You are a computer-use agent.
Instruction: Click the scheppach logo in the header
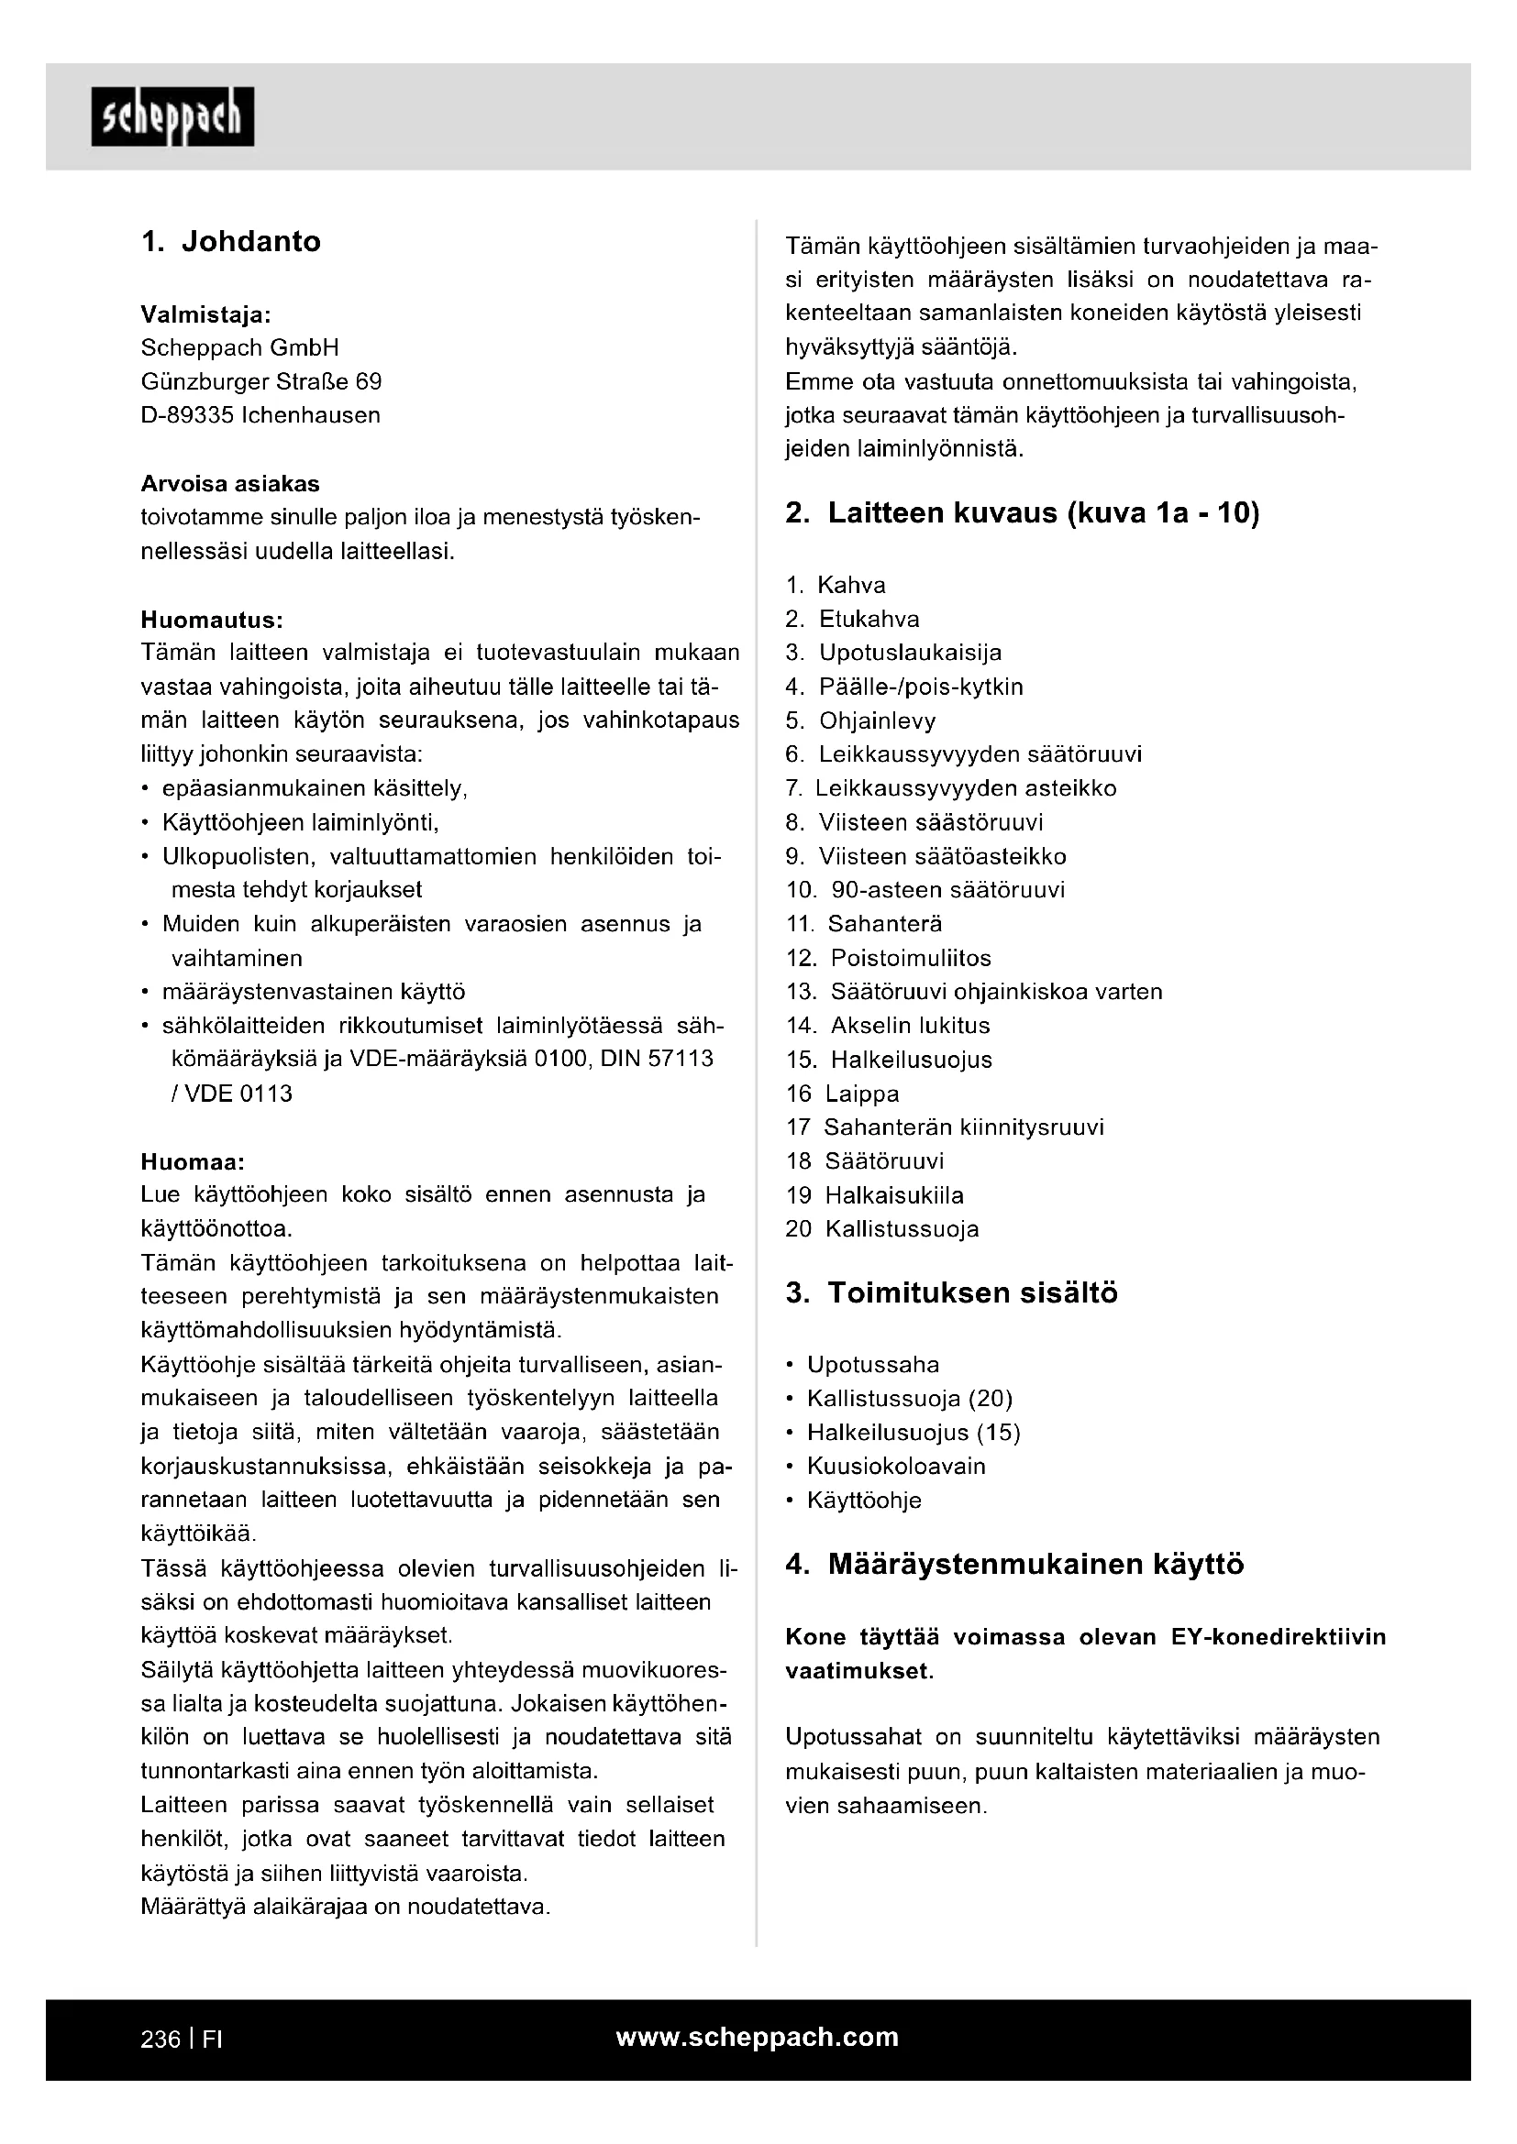[172, 116]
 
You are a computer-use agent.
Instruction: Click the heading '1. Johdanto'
[231, 241]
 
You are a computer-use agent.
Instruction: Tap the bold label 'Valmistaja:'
[205, 313]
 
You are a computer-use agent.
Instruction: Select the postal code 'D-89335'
[187, 414]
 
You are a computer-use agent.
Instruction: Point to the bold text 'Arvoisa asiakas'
[230, 484]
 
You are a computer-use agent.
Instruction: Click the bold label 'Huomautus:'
[211, 619]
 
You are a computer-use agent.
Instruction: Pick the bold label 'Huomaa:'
[193, 1161]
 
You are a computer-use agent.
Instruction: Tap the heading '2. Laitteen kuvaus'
[1022, 512]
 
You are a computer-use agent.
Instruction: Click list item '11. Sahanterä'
[864, 924]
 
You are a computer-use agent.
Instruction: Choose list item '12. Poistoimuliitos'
[889, 958]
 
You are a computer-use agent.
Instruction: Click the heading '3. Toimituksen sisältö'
[951, 1292]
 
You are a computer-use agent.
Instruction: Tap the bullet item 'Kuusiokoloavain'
[896, 1466]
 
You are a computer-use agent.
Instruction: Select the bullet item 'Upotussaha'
[872, 1364]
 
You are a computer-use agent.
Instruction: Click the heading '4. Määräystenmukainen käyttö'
[1014, 1564]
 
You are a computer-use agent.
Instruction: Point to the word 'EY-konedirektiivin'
[1278, 1637]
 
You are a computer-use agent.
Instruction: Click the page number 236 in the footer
[160, 2040]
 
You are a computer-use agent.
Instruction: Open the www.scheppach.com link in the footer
[757, 2037]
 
